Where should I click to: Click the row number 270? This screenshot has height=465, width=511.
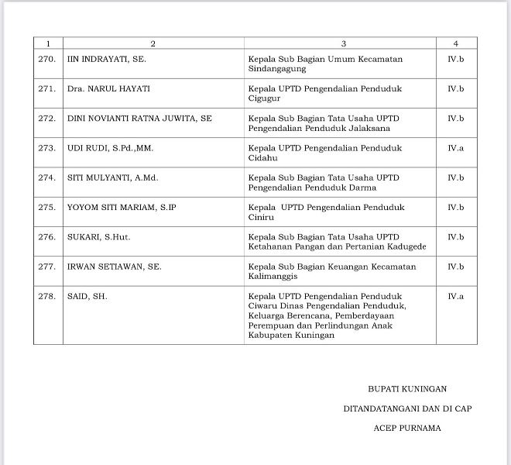coord(46,59)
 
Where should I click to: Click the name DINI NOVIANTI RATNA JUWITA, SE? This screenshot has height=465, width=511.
coord(139,119)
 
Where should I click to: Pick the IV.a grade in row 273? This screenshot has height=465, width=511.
coord(455,148)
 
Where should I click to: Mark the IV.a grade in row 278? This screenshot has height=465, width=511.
coord(455,296)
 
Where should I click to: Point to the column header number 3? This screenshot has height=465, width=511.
coord(343,43)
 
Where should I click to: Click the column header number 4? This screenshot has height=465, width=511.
coord(455,43)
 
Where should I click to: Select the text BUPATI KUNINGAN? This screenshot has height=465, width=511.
coord(407,389)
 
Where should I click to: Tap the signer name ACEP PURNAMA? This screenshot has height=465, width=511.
coord(407,427)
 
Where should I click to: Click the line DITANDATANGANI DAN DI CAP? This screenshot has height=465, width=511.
coord(407,408)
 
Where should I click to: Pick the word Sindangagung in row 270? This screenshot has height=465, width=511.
coord(277,69)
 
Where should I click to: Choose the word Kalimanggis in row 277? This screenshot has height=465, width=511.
coord(274,277)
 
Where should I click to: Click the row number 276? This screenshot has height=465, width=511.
coord(46,237)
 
